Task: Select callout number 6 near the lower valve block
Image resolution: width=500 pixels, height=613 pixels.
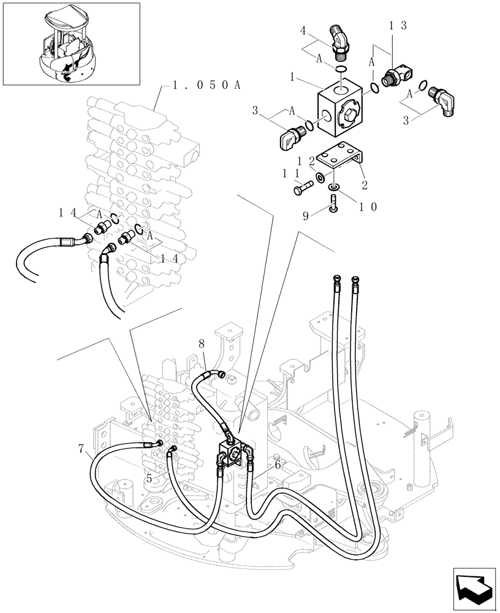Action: pyautogui.click(x=278, y=465)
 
